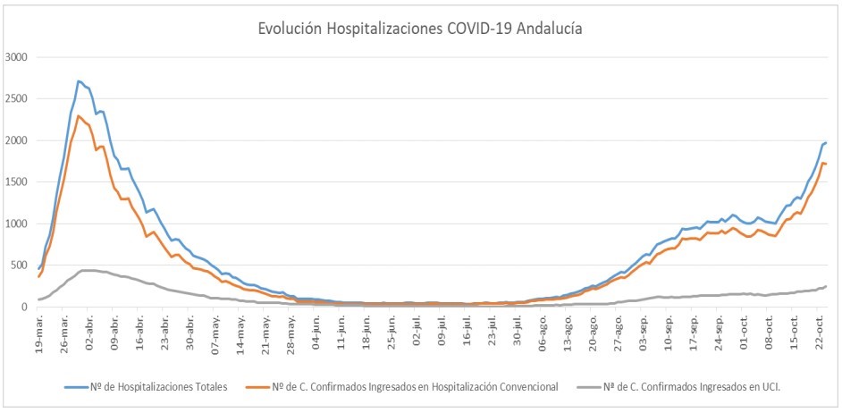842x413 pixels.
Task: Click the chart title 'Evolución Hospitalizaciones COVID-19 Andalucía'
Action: click(420, 29)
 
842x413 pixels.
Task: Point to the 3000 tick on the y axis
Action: click(18, 57)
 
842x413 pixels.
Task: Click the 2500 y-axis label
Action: click(18, 99)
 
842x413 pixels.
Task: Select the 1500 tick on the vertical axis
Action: click(18, 182)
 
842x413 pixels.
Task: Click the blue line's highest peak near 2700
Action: click(79, 81)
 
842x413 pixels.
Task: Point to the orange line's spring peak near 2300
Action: click(79, 116)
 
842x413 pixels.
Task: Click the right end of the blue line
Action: click(826, 143)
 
